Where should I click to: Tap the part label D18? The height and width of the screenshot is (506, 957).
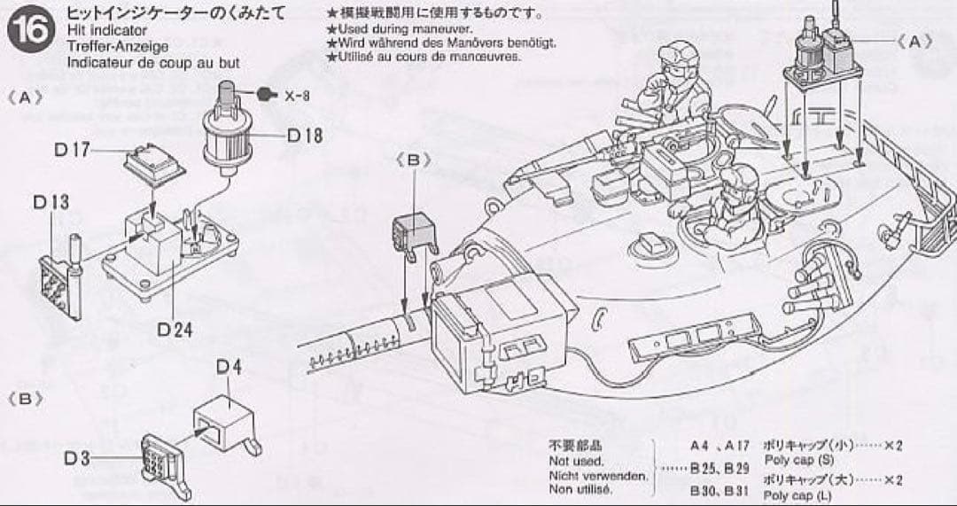pyautogui.click(x=304, y=136)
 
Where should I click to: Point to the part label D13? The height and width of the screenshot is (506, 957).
pyautogui.click(x=51, y=202)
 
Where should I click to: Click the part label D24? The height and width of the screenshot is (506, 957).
pyautogui.click(x=175, y=329)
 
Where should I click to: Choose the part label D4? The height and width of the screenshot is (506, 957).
pyautogui.click(x=229, y=367)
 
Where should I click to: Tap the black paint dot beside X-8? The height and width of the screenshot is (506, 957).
pyautogui.click(x=265, y=95)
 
